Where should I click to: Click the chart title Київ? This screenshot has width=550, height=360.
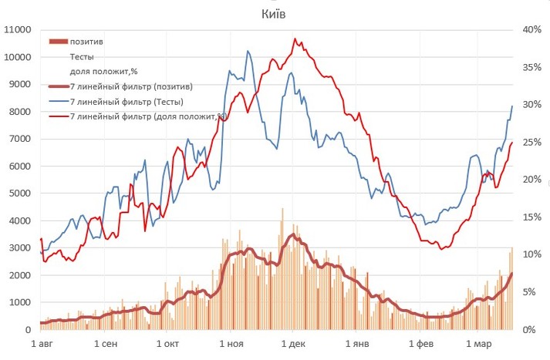pos(275,13)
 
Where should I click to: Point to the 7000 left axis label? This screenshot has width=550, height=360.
pos(18,140)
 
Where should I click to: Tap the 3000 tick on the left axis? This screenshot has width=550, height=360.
pos(18,248)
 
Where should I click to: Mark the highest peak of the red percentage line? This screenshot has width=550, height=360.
pos(295,39)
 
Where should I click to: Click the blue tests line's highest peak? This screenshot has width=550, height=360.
pos(248,51)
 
